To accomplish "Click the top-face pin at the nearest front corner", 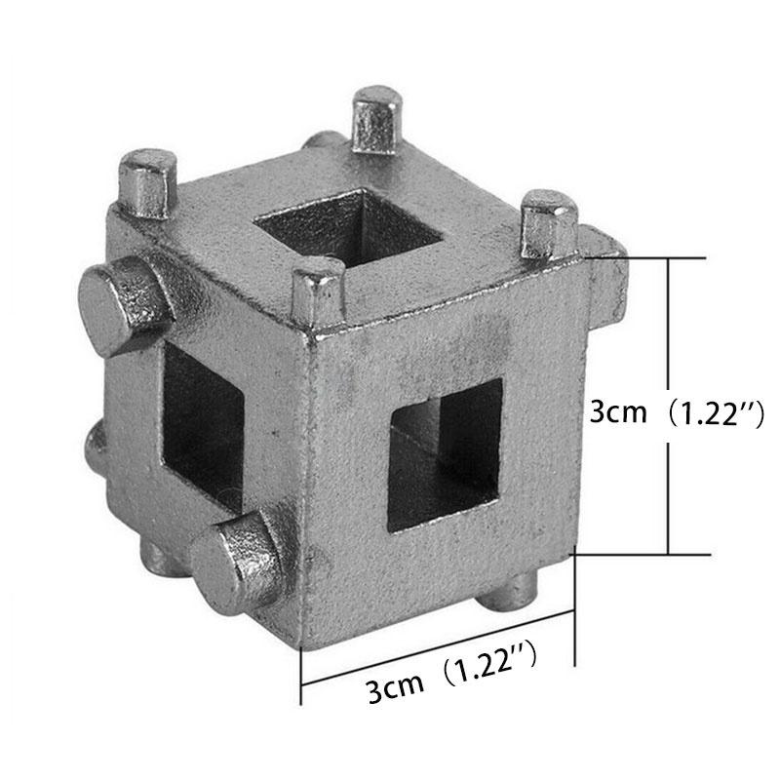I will (318, 292).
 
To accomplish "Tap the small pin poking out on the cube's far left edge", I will (94, 448).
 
